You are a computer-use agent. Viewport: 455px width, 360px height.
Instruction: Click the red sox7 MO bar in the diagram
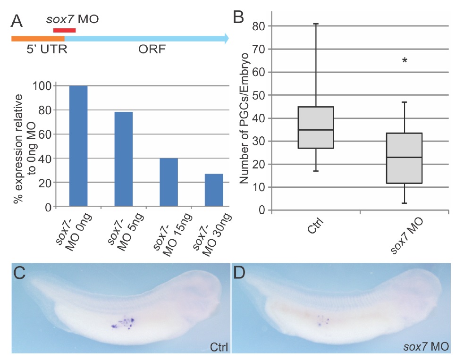click(x=64, y=31)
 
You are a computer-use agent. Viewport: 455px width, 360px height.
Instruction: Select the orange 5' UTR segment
click(x=37, y=38)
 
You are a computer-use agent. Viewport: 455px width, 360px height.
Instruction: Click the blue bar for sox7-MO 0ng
click(x=78, y=146)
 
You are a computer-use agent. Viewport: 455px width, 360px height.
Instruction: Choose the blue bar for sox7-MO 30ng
click(x=214, y=190)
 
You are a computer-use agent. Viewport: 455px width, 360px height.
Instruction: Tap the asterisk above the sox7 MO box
click(x=404, y=61)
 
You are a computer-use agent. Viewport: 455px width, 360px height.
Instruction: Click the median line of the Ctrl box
click(x=316, y=130)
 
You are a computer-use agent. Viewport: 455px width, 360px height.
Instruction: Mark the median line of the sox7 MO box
click(x=404, y=157)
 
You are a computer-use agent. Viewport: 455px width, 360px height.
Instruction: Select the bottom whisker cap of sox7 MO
click(x=404, y=203)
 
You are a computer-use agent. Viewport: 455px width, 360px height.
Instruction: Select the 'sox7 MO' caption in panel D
click(x=426, y=348)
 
